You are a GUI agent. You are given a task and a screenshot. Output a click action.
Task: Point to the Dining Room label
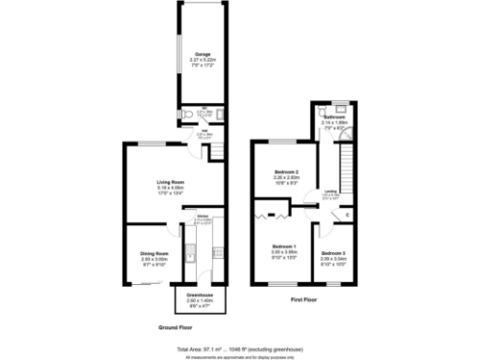pyautogui.click(x=154, y=253)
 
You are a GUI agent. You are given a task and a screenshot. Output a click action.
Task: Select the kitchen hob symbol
pyautogui.click(x=217, y=251)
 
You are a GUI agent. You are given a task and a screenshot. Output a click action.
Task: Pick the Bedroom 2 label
pyautogui.click(x=286, y=173)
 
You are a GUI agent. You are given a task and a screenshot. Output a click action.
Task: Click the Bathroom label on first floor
pyautogui.click(x=335, y=117)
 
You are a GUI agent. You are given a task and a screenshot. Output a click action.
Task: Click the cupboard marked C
pyautogui.click(x=348, y=215)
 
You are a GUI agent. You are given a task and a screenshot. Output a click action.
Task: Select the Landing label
pyautogui.click(x=331, y=191)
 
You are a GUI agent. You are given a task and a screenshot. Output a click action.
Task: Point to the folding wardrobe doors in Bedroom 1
pyautogui.click(x=269, y=217)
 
